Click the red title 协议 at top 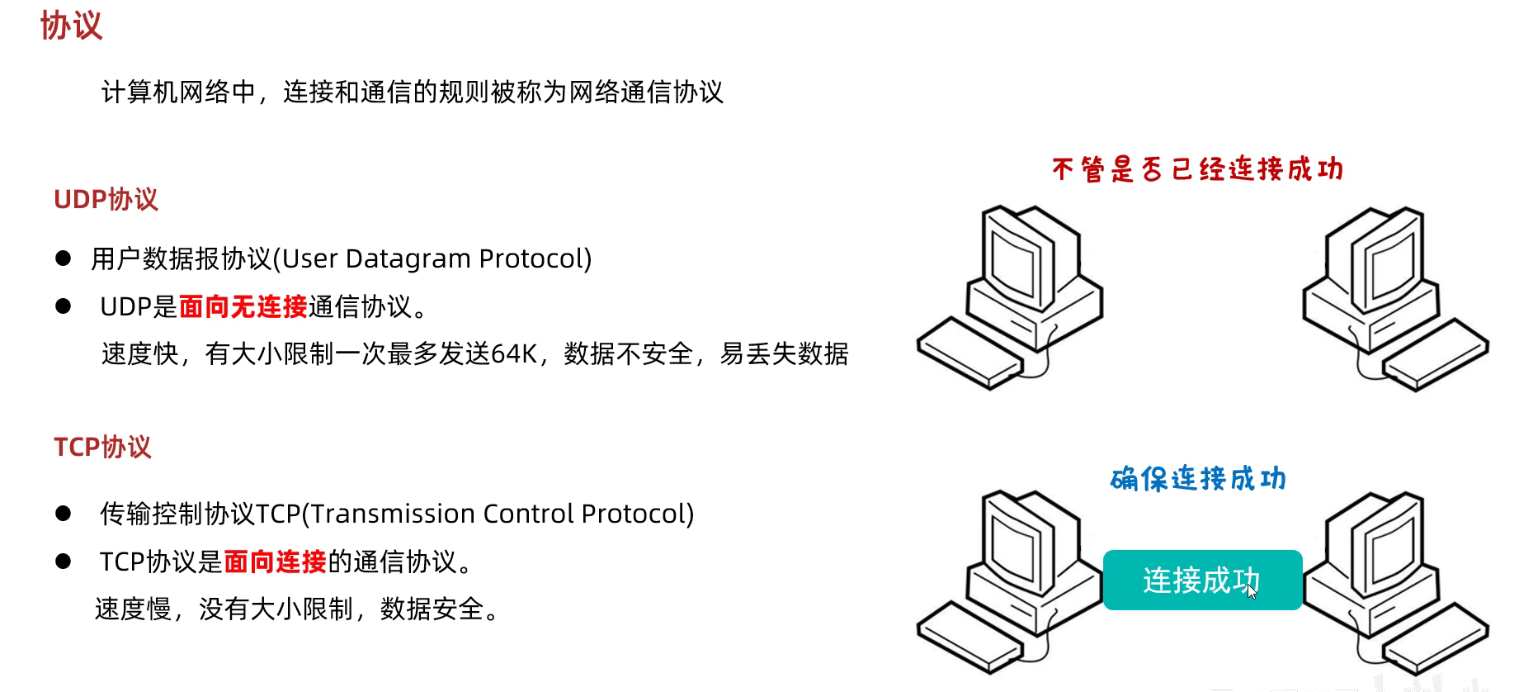pos(71,26)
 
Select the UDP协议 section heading pos(106,199)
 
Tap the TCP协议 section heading pos(102,447)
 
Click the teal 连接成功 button pos(1202,580)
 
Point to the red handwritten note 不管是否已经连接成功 pos(1197,169)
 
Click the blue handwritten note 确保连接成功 pos(1198,478)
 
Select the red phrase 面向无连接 pos(243,306)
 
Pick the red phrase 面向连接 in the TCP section pos(275,562)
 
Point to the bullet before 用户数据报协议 pos(64,258)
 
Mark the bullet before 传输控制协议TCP pos(64,514)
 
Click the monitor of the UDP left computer pos(1017,260)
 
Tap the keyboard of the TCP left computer pos(969,636)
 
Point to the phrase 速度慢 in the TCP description pos(133,609)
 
